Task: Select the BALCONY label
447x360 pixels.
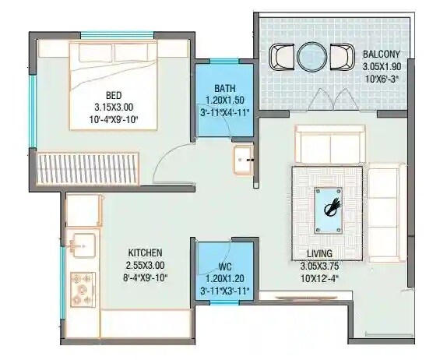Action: [382, 54]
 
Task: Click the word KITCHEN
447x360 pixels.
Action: [145, 252]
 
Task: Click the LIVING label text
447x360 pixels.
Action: [321, 252]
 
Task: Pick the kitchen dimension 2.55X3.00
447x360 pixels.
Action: [145, 265]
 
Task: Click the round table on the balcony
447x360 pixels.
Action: [309, 57]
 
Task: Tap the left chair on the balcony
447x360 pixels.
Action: [280, 57]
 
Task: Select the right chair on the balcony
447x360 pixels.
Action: [340, 57]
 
